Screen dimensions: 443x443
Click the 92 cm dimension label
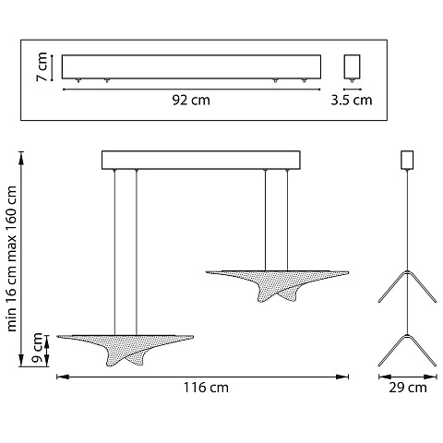coord(191,101)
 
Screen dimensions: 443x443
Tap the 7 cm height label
coord(42,66)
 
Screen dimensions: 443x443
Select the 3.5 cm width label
coord(352,101)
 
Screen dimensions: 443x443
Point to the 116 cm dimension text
coord(206,388)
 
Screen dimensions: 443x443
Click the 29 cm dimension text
coord(408,388)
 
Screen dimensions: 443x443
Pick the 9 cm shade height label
coord(38,348)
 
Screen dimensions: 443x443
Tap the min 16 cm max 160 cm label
coord(11,258)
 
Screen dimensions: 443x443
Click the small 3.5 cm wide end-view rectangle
coord(352,66)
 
